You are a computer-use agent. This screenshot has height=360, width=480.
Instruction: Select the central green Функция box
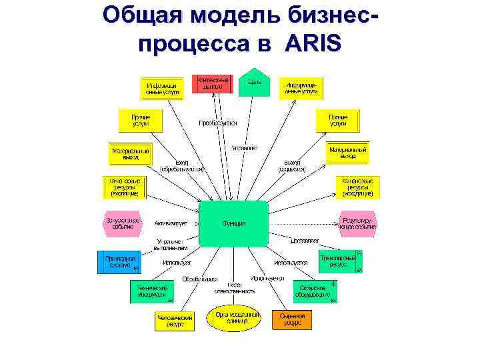click(234, 223)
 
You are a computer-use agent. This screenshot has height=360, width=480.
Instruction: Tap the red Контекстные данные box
click(213, 83)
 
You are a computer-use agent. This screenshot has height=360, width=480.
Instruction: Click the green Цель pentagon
click(254, 83)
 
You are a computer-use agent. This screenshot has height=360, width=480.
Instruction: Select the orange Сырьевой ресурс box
click(291, 319)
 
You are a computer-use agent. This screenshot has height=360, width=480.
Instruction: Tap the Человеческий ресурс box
click(175, 321)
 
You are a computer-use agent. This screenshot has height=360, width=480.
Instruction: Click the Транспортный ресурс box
click(338, 261)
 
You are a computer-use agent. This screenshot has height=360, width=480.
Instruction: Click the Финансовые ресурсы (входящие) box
click(125, 187)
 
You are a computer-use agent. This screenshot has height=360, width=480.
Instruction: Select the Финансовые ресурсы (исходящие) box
click(358, 187)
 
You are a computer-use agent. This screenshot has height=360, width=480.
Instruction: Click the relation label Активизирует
click(171, 223)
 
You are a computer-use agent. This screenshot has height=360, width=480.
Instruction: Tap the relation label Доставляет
click(305, 240)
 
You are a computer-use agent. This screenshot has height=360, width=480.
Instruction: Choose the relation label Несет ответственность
click(235, 287)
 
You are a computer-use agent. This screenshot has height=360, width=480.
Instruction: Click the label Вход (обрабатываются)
click(181, 165)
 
